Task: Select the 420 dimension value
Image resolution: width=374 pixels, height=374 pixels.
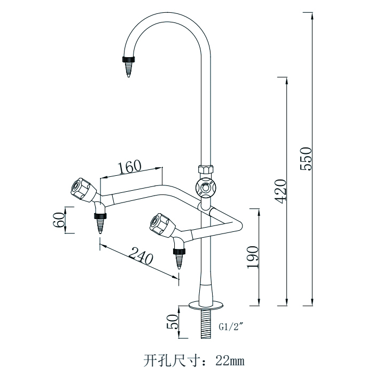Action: point(282,190)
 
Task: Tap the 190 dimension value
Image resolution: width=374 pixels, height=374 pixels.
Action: point(253,256)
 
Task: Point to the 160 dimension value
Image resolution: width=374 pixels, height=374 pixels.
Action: point(130,167)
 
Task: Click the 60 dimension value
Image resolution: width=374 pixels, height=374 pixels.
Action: point(59,220)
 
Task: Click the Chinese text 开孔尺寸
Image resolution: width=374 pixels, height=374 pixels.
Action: point(168,359)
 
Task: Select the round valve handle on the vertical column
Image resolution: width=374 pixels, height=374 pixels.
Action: point(205,187)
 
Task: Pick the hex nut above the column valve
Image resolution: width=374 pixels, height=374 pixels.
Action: point(206,170)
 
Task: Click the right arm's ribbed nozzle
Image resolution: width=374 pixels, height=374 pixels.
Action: point(178,259)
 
